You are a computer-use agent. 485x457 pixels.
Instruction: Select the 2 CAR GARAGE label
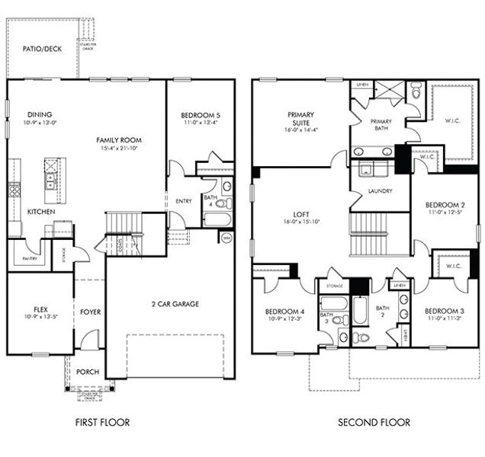click(x=174, y=304)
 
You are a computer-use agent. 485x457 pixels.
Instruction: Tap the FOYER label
click(x=90, y=312)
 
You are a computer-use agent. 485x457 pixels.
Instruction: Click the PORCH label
click(x=88, y=372)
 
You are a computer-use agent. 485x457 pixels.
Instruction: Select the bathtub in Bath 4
click(x=216, y=220)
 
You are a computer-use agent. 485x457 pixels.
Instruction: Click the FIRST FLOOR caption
click(x=103, y=422)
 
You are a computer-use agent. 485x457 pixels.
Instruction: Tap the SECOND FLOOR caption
click(x=374, y=422)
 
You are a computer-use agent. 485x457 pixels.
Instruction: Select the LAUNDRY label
click(x=379, y=191)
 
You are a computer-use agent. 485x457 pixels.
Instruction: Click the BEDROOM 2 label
click(x=444, y=205)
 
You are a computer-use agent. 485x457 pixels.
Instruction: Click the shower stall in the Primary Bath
click(x=389, y=94)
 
